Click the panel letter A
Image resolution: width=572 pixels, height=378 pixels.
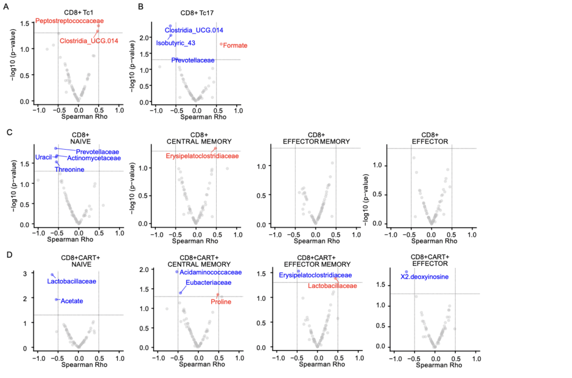(9, 7)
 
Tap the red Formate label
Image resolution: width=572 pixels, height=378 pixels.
(235, 45)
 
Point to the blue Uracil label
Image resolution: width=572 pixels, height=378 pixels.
(44, 157)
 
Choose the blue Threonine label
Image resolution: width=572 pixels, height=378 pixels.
(69, 169)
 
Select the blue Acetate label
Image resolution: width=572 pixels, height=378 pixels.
(71, 300)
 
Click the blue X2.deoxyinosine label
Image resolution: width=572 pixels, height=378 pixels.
(424, 276)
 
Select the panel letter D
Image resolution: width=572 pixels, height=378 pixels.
(9, 255)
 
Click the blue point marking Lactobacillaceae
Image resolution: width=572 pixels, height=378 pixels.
(52, 275)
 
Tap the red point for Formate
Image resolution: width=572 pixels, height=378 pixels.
(221, 44)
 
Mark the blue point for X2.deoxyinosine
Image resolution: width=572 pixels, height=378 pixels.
(406, 272)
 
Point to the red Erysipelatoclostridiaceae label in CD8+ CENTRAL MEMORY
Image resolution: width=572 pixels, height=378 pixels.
(202, 156)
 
